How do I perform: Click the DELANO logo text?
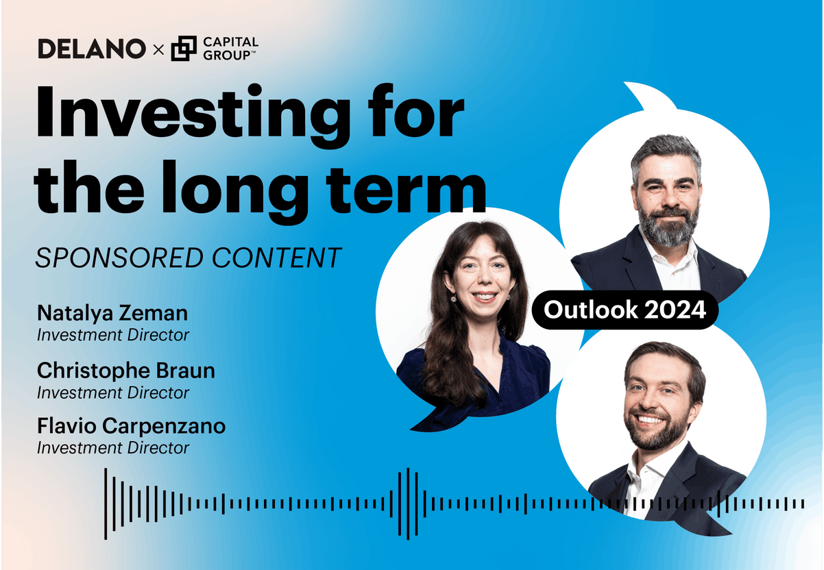(92, 49)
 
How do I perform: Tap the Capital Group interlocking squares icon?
(184, 48)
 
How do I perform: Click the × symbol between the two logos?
(158, 49)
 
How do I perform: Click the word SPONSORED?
(119, 258)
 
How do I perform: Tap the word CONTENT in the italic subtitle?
(277, 258)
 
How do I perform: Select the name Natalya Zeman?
(112, 313)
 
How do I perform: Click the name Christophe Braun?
(126, 371)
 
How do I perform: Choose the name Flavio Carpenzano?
(132, 426)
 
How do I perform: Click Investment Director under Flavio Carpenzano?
(113, 448)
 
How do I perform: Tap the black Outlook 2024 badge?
(625, 310)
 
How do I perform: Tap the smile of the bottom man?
(650, 419)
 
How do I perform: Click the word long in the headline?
(235, 192)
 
